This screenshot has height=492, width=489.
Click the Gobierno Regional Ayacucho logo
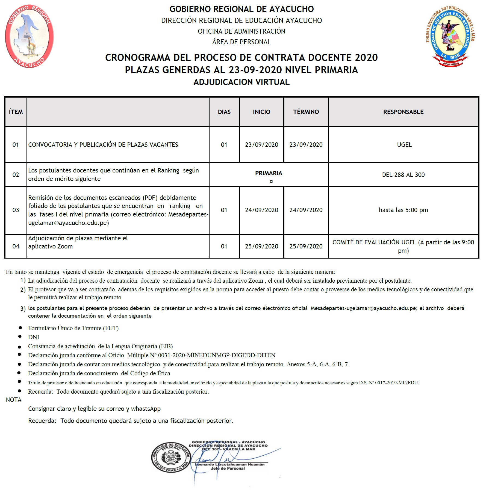[29, 36]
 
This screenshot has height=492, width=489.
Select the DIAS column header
[224, 112]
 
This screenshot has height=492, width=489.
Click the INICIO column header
[261, 112]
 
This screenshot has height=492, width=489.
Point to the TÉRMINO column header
[306, 112]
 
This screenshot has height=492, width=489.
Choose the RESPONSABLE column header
[403, 112]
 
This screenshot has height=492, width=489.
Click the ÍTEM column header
[16, 112]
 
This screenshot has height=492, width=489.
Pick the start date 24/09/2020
[261, 210]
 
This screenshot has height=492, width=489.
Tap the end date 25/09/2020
[306, 246]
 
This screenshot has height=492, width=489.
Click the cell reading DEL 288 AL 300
[403, 175]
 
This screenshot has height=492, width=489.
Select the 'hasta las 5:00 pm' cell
[403, 210]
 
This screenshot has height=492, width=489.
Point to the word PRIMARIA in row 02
[269, 173]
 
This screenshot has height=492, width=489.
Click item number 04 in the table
[16, 246]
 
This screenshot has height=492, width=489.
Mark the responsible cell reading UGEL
[404, 145]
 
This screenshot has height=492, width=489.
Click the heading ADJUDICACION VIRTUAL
[241, 82]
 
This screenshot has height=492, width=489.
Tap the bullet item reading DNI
[34, 337]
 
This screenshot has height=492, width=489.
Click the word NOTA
[14, 400]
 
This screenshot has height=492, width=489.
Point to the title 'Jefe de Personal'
[228, 468]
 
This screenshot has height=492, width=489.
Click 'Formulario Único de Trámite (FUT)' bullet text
[73, 328]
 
